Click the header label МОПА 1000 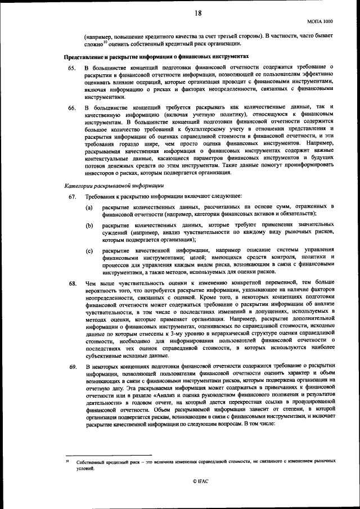tap(320, 20)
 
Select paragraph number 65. tap(71, 67)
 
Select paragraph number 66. tap(71, 106)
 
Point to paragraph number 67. tap(71, 196)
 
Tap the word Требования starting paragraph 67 tap(100, 196)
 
